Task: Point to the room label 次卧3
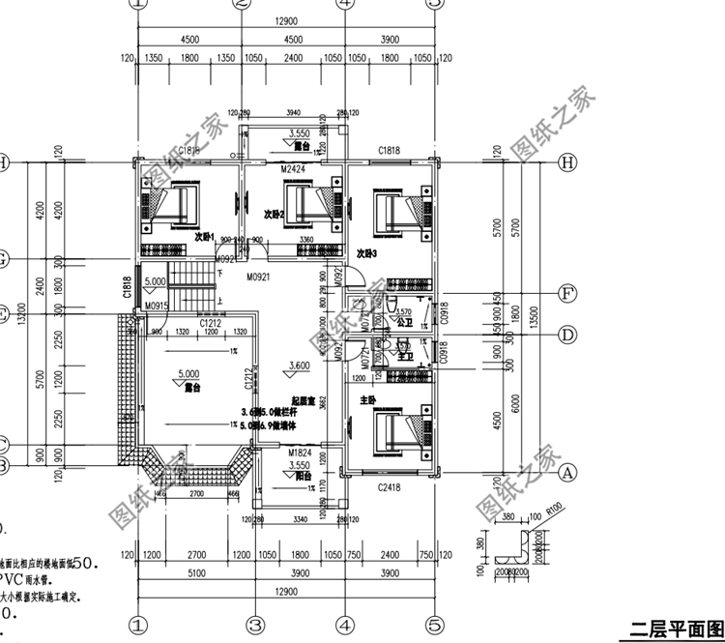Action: (365, 253)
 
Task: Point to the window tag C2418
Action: (389, 489)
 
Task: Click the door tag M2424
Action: (293, 168)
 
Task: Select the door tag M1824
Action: (300, 452)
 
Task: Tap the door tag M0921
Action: (257, 277)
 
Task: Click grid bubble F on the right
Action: (569, 292)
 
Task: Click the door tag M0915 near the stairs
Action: (156, 307)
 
